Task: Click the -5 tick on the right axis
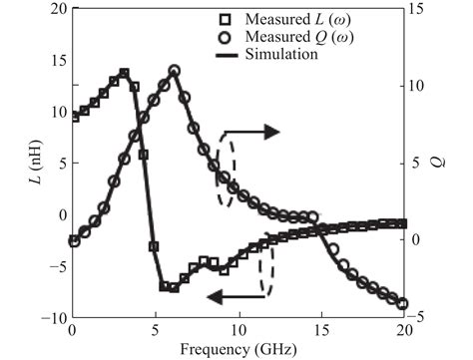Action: click(419, 318)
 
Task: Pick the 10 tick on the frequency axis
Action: click(237, 330)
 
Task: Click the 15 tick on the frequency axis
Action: click(320, 330)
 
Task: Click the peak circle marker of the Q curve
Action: click(174, 71)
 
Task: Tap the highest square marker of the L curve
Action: click(124, 73)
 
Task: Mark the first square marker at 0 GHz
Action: click(73, 117)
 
